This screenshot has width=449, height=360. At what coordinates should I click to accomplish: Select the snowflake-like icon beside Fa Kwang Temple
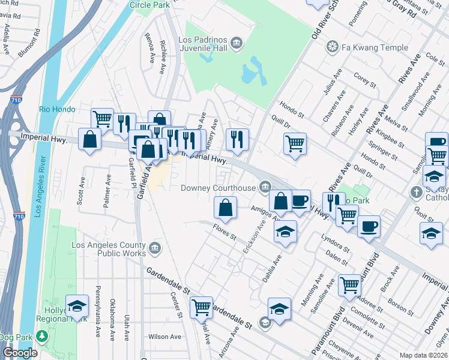click(x=331, y=46)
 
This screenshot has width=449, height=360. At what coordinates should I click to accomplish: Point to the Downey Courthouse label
click(x=218, y=188)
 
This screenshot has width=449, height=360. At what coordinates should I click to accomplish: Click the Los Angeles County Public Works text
click(x=108, y=249)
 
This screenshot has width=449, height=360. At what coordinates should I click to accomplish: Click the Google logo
click(x=19, y=353)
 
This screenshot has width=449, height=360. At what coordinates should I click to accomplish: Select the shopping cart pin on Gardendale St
click(x=202, y=307)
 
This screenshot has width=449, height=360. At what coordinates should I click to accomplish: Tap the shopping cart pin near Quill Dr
click(x=295, y=143)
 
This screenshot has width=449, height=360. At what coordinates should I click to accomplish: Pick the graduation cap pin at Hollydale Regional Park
click(x=77, y=306)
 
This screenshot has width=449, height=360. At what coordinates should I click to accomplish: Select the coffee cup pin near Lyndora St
click(x=369, y=227)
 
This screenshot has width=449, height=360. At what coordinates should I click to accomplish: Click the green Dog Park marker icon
click(x=41, y=334)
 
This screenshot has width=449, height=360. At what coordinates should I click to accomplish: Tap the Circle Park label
click(x=148, y=5)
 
